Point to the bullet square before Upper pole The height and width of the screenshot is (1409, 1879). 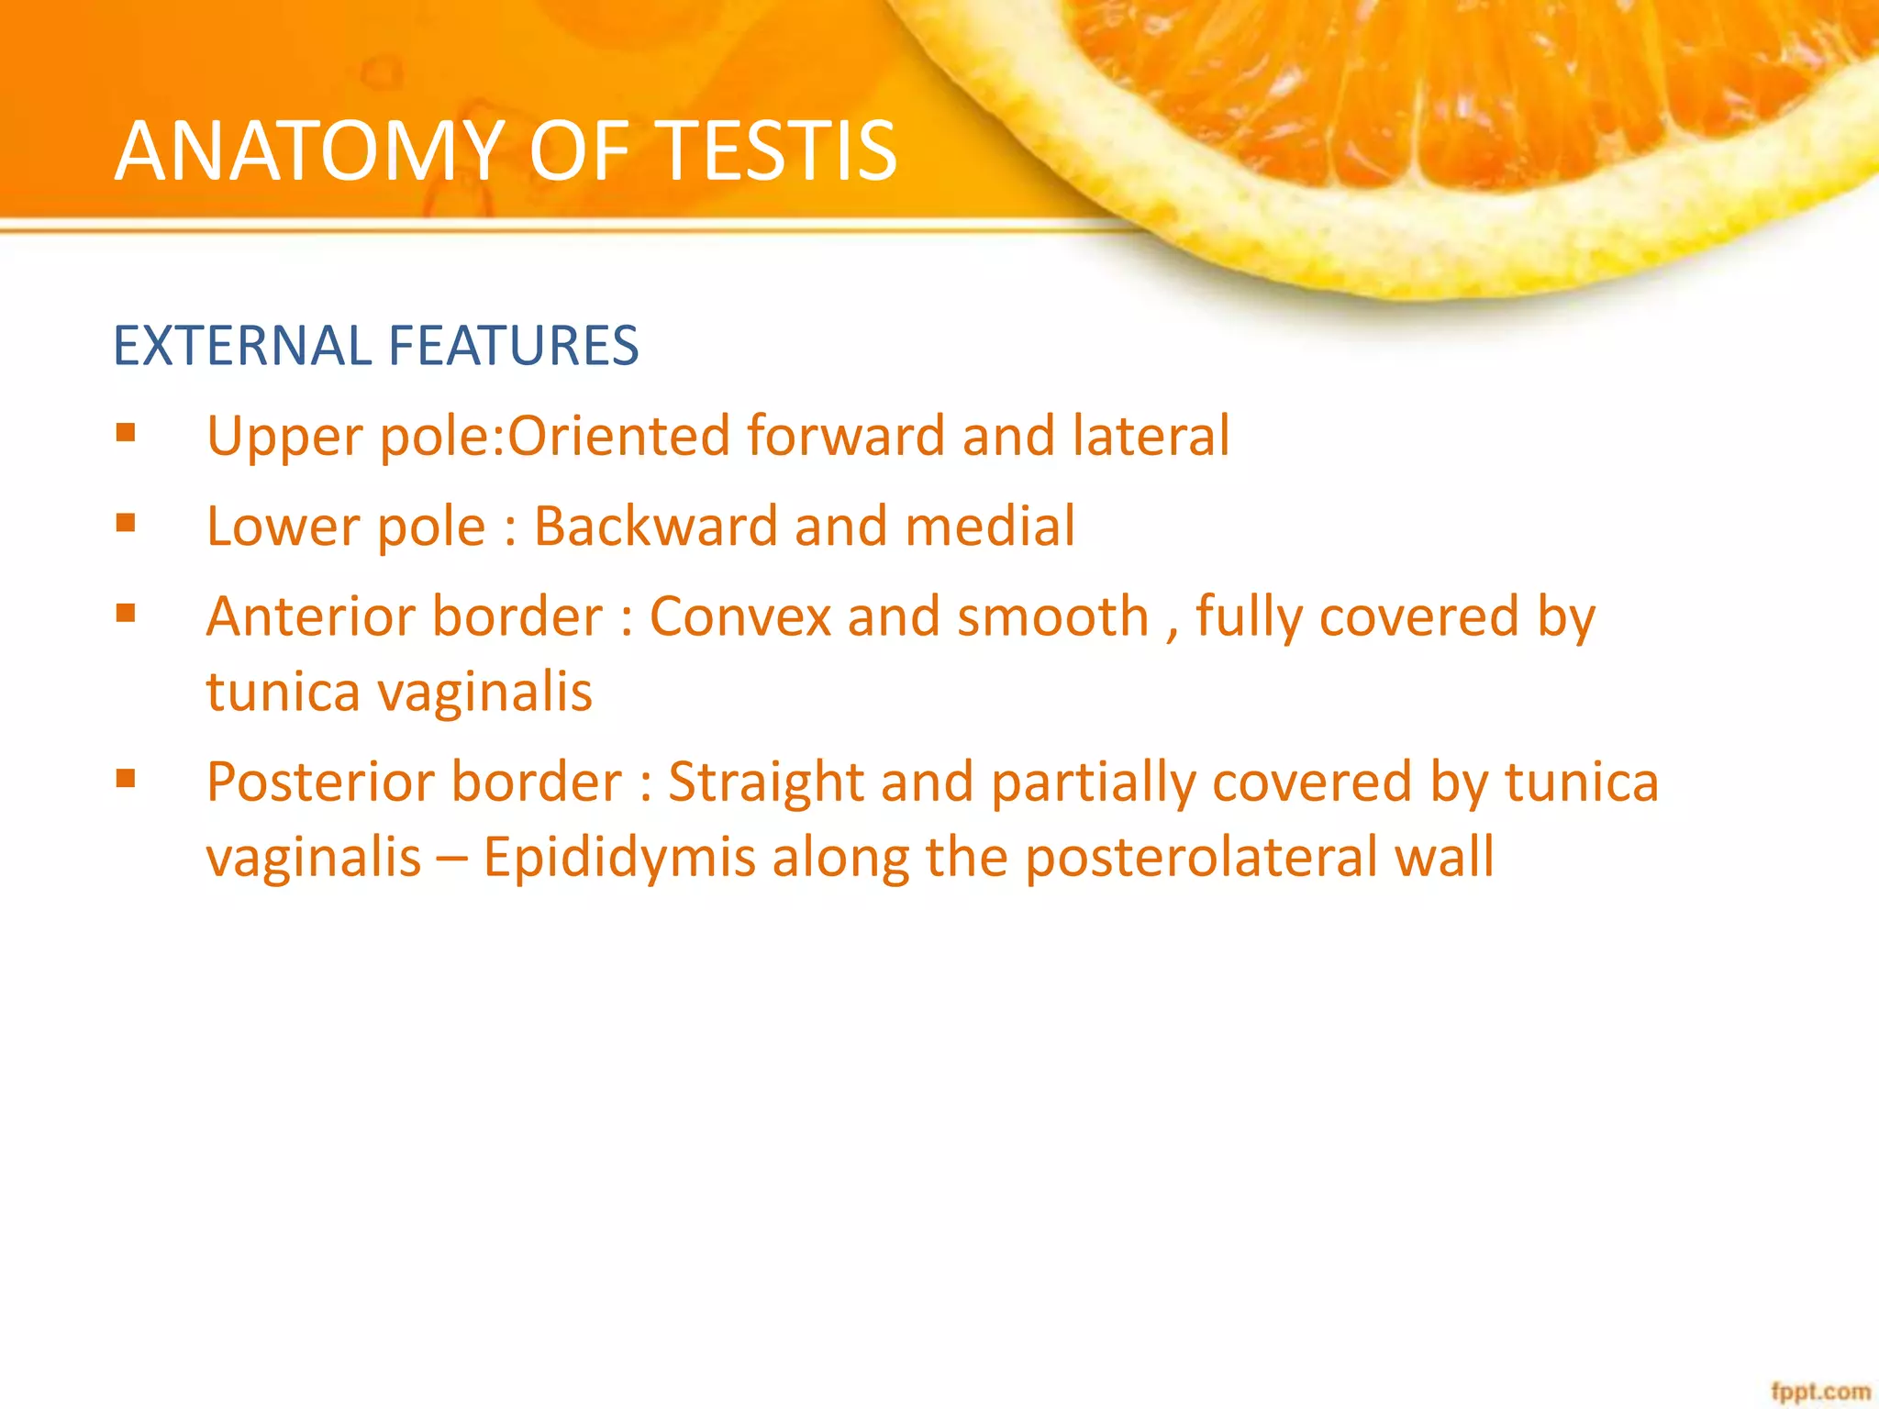127,432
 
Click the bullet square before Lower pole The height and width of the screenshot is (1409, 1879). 127,523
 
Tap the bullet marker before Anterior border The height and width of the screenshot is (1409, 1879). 127,613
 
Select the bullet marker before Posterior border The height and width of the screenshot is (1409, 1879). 127,779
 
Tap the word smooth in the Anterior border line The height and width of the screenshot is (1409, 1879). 1052,616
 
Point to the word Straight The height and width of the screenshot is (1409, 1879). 765,782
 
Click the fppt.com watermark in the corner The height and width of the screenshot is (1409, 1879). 1820,1392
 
